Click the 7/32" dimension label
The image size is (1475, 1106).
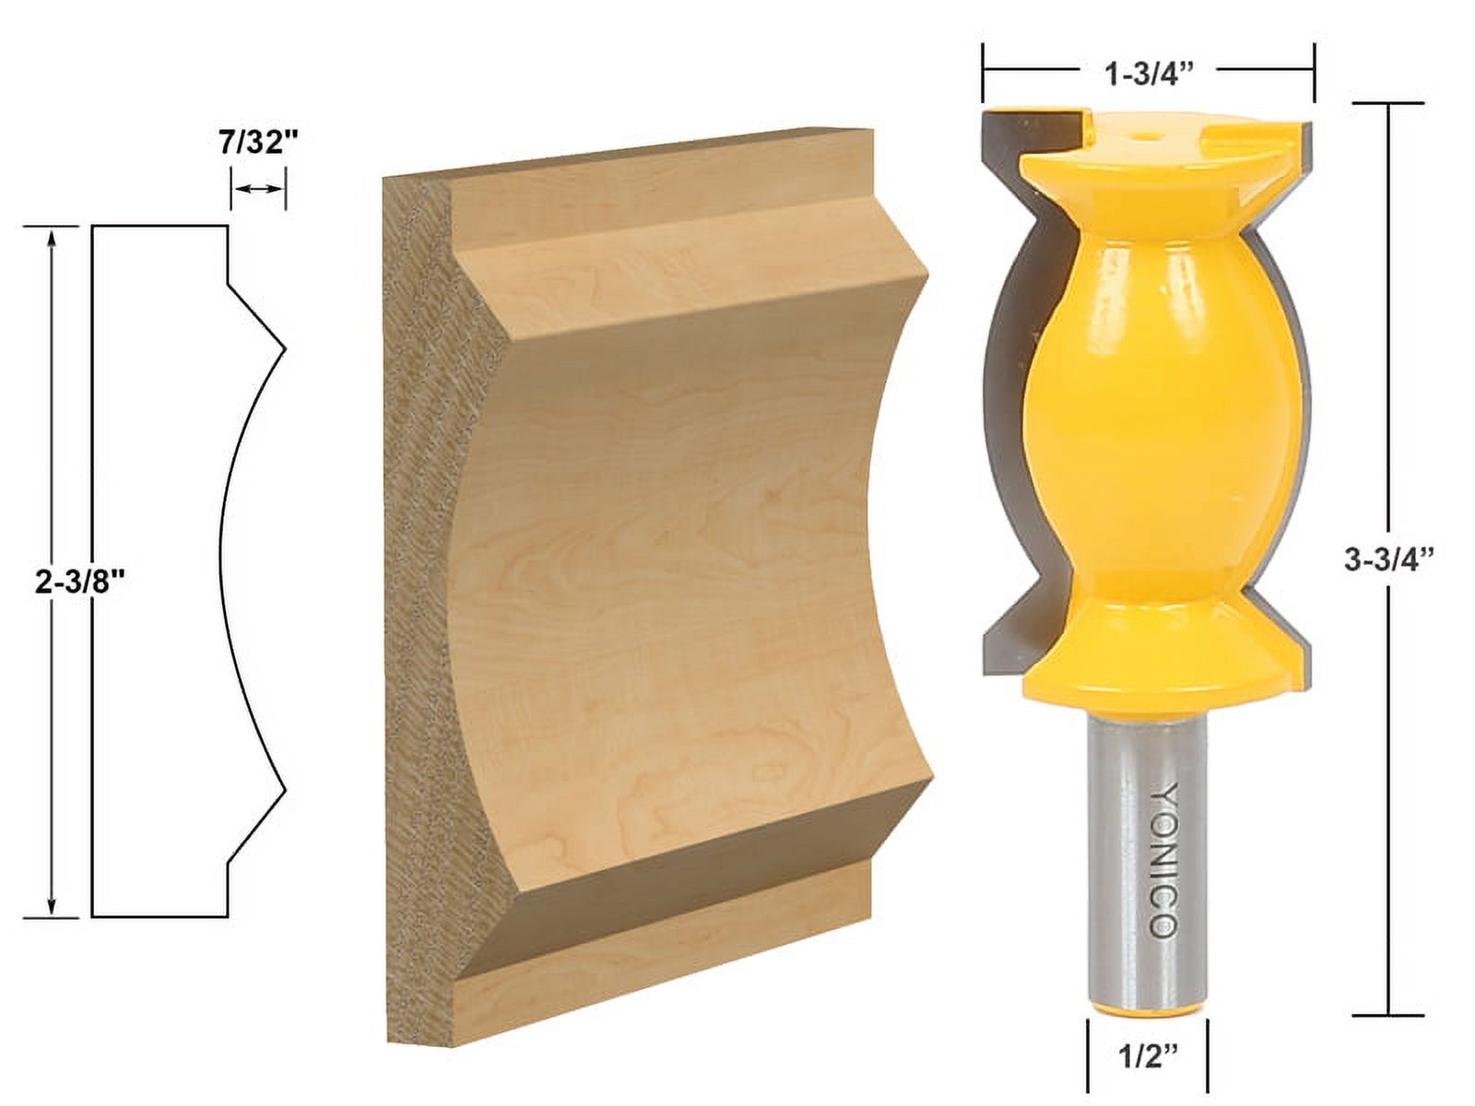click(x=259, y=144)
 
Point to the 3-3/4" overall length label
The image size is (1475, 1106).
click(x=1391, y=559)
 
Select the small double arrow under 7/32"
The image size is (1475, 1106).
click(x=258, y=188)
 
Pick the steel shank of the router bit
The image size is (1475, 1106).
click(x=1146, y=829)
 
